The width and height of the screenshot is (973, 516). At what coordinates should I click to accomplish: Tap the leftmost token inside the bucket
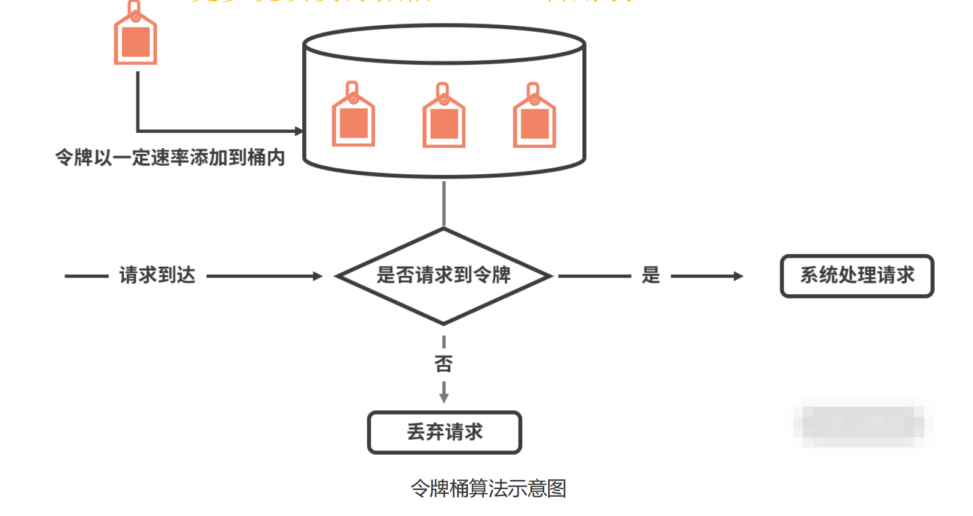353,120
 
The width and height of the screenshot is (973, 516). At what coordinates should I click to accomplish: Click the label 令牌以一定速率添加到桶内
170,157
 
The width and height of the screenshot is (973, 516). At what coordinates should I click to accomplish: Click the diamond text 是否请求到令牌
444,275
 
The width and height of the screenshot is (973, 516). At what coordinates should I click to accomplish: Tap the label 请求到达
157,275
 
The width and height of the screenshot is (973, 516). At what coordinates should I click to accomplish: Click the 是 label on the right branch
651,275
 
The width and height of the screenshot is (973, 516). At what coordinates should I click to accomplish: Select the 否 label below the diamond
444,363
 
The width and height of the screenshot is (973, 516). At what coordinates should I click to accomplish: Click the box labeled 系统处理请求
857,276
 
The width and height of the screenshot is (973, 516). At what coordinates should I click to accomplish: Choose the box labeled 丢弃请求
445,432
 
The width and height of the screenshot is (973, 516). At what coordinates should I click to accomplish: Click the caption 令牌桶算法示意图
488,488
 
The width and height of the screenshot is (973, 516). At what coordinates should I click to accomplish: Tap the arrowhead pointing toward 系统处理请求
739,276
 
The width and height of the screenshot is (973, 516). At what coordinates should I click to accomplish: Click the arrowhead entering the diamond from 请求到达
318,276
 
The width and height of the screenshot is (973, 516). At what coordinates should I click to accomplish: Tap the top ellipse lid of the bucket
444,44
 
